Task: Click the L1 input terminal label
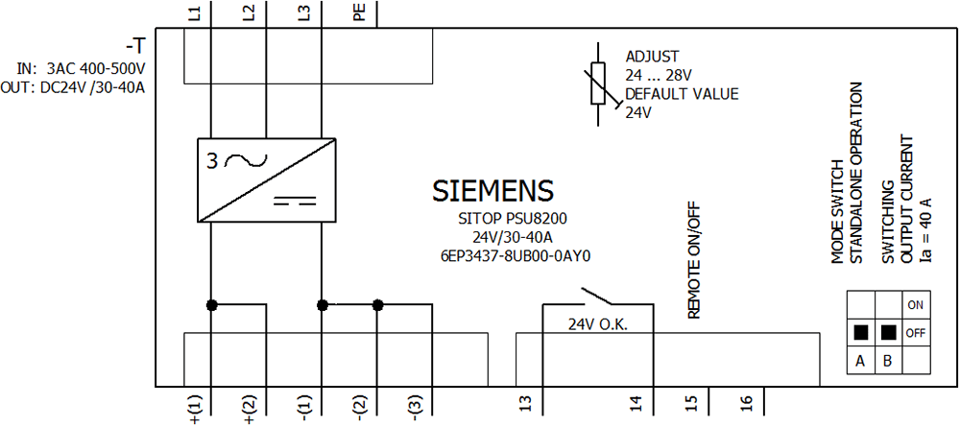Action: pos(195,13)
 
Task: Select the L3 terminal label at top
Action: pos(304,13)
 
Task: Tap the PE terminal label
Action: pos(359,13)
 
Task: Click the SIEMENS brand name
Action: pos(492,191)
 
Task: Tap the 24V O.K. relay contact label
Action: pos(597,324)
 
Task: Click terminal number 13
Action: pos(524,400)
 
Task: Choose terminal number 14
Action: pos(635,400)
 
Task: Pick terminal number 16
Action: pos(745,400)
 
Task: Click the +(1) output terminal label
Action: pos(196,408)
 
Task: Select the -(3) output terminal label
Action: pos(415,407)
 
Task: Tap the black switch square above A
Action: pos(861,333)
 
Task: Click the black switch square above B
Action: pos(888,333)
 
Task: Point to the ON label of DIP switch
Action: pos(915,305)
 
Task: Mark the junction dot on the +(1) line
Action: pos(210,305)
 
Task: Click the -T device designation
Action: pos(134,46)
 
